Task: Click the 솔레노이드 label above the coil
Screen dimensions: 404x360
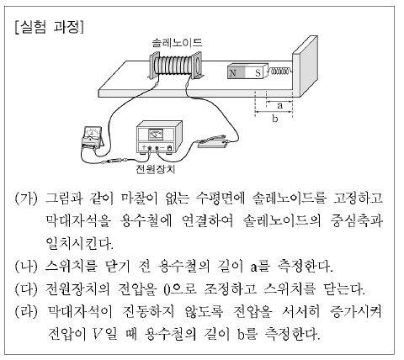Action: click(x=177, y=43)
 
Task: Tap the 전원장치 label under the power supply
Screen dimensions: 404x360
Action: click(x=155, y=169)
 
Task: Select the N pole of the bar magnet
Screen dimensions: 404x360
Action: click(x=236, y=73)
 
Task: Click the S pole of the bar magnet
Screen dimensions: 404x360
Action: click(x=255, y=73)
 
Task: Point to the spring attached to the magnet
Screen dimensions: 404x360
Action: click(x=279, y=71)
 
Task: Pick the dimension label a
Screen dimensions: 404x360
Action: click(x=279, y=105)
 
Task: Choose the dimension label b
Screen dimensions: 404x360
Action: click(x=274, y=119)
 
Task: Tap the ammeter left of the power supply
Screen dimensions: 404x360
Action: click(x=92, y=138)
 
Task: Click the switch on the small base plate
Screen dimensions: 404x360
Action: click(x=213, y=142)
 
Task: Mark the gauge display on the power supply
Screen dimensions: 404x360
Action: click(x=156, y=134)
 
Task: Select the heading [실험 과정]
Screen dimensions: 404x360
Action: click(x=50, y=28)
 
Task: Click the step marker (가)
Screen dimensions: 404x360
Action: click(x=26, y=199)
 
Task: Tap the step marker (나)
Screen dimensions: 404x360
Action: click(x=26, y=266)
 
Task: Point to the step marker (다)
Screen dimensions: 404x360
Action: click(x=26, y=289)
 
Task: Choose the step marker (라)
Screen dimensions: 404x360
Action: click(x=26, y=311)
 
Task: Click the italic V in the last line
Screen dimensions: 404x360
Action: click(x=97, y=333)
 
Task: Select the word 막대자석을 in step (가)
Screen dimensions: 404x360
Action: click(x=78, y=221)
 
